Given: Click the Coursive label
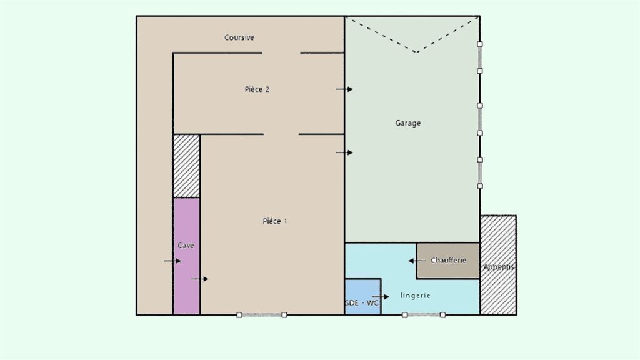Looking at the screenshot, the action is (239, 37).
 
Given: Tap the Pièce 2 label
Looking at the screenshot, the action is (257, 89).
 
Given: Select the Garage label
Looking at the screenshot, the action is (407, 123).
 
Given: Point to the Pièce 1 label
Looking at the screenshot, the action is (275, 221).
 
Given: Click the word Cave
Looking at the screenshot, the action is (186, 245).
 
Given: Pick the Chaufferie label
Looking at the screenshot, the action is (448, 261).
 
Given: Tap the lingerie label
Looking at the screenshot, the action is (415, 296).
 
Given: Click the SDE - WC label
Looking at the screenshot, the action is (362, 303).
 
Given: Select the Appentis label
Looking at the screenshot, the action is (498, 267).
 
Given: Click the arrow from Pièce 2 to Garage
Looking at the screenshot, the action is (344, 89).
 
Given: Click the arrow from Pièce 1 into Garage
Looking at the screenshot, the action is (344, 152).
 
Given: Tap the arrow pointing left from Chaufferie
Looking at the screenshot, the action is (417, 261).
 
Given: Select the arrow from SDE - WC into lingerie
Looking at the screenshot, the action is (381, 297).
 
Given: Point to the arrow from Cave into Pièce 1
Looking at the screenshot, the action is (199, 279).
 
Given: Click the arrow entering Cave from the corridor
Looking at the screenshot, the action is (172, 261).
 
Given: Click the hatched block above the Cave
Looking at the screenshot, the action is (186, 166).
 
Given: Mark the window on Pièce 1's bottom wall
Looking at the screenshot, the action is (262, 315).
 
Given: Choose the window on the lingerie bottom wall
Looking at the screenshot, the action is (424, 315).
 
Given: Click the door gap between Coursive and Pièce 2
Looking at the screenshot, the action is (281, 52).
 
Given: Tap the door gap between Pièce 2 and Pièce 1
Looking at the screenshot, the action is (281, 134).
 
